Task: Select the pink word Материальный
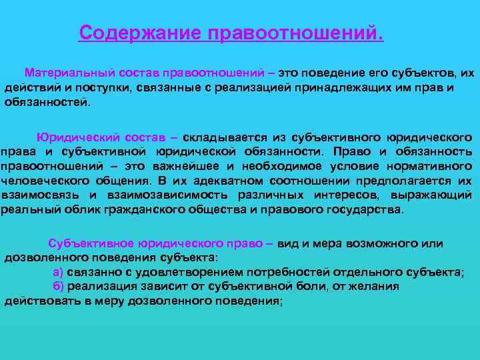pyautogui.click(x=69, y=71)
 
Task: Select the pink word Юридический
pyautogui.click(x=79, y=137)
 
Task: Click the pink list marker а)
pyautogui.click(x=58, y=272)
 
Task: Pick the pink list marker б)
pyautogui.click(x=58, y=287)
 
